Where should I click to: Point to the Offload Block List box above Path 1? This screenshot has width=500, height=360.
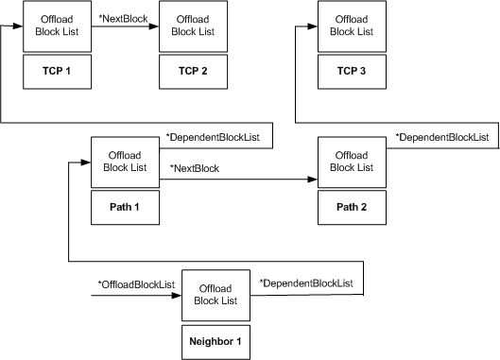pyautogui.click(x=125, y=163)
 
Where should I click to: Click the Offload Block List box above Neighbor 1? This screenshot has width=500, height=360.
pyautogui.click(x=216, y=296)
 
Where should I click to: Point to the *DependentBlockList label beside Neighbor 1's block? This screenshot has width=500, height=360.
pyautogui.click(x=306, y=283)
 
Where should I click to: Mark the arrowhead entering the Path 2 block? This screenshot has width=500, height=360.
pyautogui.click(x=311, y=177)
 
